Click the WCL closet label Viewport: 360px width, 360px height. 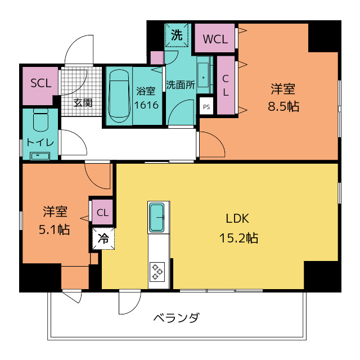(x=215, y=39)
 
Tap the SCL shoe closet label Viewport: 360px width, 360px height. (x=40, y=83)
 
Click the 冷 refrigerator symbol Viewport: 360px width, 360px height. (x=103, y=238)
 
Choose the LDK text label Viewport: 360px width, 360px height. (x=237, y=219)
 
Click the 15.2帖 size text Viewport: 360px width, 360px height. (x=238, y=238)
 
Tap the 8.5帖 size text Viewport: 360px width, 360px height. (x=283, y=106)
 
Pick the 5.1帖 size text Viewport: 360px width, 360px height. (x=55, y=229)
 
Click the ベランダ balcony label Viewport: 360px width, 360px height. (x=176, y=318)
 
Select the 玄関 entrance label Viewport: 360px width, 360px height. (x=83, y=103)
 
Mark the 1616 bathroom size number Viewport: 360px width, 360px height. (x=146, y=105)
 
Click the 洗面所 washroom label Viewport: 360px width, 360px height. (x=180, y=85)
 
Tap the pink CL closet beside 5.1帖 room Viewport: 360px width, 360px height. (x=102, y=212)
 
